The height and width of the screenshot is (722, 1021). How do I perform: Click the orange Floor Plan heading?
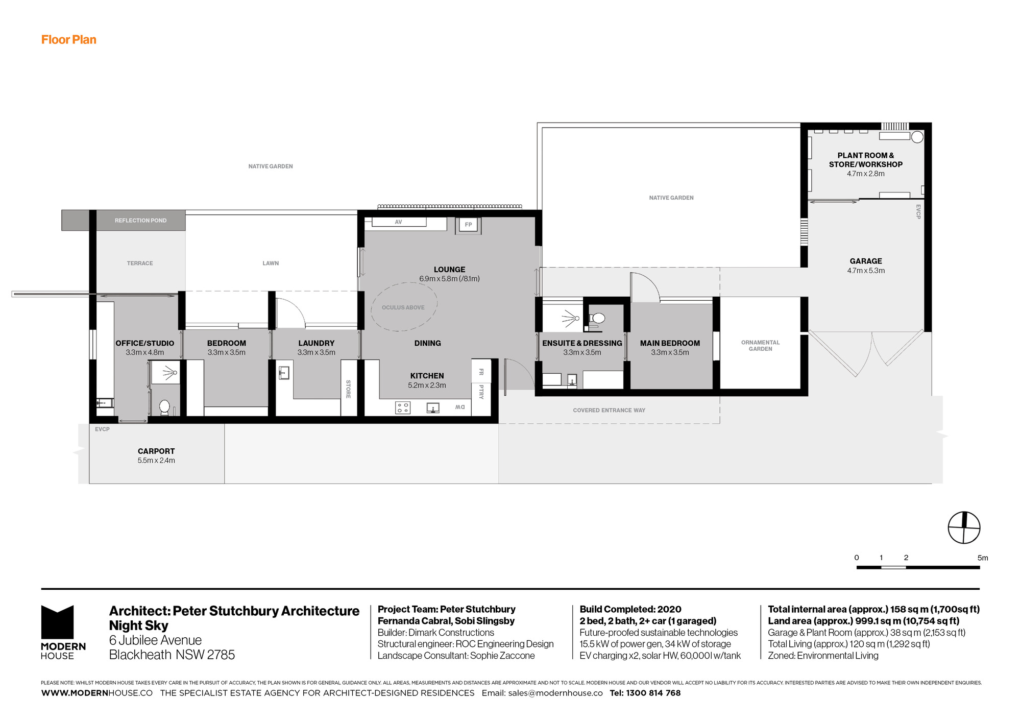click(x=68, y=40)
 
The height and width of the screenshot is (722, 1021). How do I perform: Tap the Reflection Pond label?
click(x=140, y=221)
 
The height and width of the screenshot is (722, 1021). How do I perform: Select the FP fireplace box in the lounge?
click(x=468, y=225)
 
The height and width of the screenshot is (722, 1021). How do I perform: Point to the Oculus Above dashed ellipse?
click(x=403, y=307)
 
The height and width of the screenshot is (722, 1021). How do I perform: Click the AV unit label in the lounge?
click(x=399, y=222)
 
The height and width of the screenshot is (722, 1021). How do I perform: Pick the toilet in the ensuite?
click(x=597, y=319)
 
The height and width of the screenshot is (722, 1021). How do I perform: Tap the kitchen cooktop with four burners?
click(x=402, y=407)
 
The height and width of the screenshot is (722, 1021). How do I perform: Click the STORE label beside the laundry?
click(x=348, y=389)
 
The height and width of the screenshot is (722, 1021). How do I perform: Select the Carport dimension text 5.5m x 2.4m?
click(x=156, y=461)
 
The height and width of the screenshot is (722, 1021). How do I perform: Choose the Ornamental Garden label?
click(x=760, y=346)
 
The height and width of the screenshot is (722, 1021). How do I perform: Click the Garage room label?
click(x=866, y=261)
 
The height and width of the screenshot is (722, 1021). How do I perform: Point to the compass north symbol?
click(x=964, y=527)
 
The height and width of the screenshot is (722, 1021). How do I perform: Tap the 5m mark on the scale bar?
click(x=982, y=558)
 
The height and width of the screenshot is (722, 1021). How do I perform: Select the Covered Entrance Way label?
click(x=609, y=410)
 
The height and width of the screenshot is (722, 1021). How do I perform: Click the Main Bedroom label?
click(x=670, y=343)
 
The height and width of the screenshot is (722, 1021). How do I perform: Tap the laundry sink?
click(x=284, y=373)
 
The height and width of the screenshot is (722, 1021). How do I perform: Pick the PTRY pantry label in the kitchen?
click(x=481, y=392)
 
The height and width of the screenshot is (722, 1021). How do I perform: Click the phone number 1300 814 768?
click(x=653, y=693)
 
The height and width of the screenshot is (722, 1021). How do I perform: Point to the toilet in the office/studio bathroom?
click(x=164, y=407)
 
